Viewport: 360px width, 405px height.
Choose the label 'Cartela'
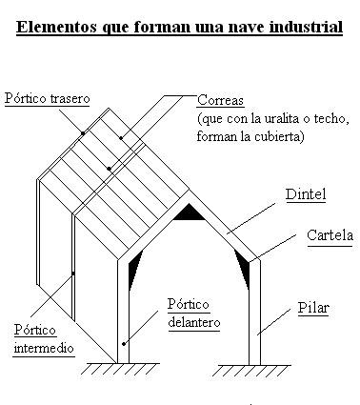[x=329, y=234]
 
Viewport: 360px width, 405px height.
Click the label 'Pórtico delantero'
[x=194, y=314]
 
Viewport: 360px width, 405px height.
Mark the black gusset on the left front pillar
[x=133, y=268]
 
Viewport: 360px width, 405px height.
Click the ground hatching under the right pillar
[x=255, y=369]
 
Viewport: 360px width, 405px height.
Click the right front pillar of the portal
[x=255, y=314]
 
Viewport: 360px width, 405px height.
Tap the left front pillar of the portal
[x=123, y=314]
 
